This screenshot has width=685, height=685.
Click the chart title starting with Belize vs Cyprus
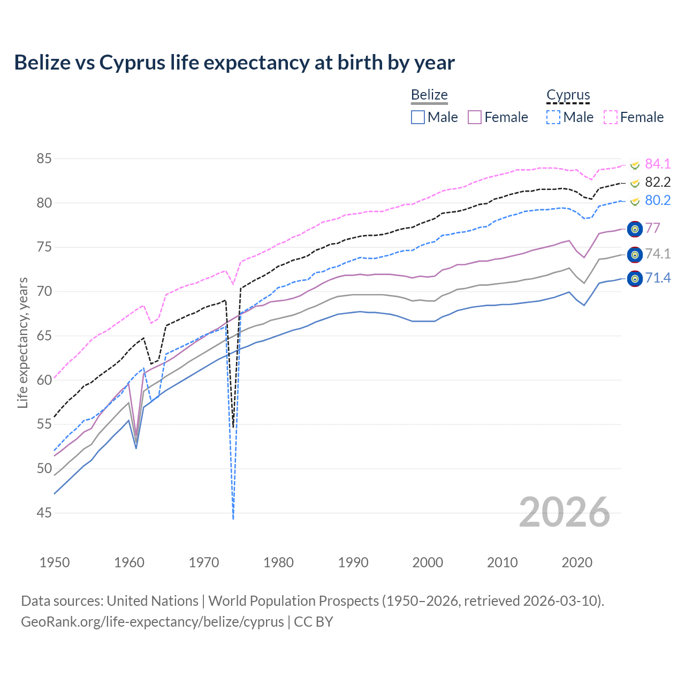tap(234, 63)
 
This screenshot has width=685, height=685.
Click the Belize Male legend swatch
tap(418, 117)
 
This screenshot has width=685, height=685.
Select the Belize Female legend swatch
tap(475, 117)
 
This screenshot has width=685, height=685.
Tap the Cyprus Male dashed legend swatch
tap(553, 117)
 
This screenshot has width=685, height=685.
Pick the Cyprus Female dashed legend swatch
tap(611, 117)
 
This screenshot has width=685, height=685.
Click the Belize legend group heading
tap(429, 95)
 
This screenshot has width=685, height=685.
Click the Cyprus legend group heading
tap(568, 95)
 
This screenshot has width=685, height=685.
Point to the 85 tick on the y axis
tap(44, 159)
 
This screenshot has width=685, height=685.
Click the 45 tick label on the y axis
tap(44, 513)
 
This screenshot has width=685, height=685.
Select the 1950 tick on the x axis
tap(55, 562)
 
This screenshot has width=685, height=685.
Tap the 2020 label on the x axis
tap(577, 562)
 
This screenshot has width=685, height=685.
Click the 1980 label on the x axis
tap(278, 562)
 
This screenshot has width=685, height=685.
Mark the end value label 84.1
tap(658, 164)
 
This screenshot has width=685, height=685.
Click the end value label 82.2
tap(658, 182)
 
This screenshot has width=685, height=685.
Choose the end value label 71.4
tap(658, 278)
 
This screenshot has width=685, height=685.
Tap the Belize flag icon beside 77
tap(635, 229)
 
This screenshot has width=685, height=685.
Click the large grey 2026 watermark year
tap(565, 512)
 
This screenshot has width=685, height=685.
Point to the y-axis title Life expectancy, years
tap(22, 342)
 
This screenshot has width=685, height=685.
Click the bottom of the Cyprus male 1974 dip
tap(233, 517)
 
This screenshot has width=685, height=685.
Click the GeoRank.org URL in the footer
tap(153, 622)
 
